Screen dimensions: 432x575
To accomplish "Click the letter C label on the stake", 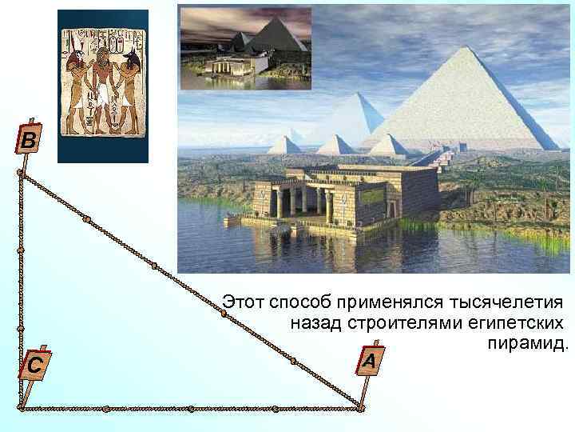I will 34,366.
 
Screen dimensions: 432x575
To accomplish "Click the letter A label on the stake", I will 368,362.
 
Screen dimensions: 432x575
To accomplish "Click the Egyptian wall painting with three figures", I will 104,86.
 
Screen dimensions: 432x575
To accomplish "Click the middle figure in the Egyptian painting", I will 104,86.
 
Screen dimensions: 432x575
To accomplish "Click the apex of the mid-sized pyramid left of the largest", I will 365,94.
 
